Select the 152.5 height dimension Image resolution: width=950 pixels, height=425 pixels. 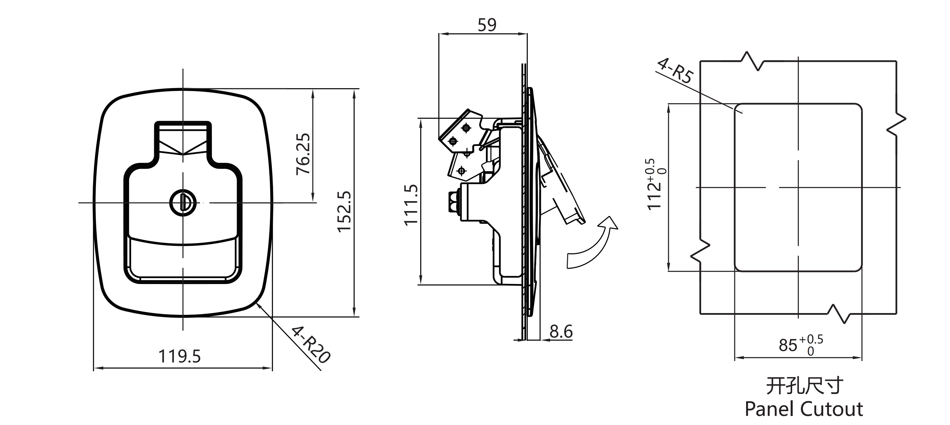pyautogui.click(x=344, y=212)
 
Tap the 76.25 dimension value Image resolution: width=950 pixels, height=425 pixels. pyautogui.click(x=303, y=154)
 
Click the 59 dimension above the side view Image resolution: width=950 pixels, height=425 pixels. pyautogui.click(x=487, y=25)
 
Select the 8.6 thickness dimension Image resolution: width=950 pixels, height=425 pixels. pyautogui.click(x=561, y=332)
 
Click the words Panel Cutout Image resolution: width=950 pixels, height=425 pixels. pyautogui.click(x=804, y=409)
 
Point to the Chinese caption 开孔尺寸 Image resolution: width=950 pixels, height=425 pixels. pyautogui.click(x=804, y=386)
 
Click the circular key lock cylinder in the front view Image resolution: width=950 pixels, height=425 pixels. pyautogui.click(x=183, y=202)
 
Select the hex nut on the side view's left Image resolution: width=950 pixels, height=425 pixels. pyautogui.click(x=452, y=202)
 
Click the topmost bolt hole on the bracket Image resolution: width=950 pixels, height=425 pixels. pyautogui.click(x=466, y=128)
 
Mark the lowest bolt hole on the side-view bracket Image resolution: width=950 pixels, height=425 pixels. pyautogui.click(x=461, y=171)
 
